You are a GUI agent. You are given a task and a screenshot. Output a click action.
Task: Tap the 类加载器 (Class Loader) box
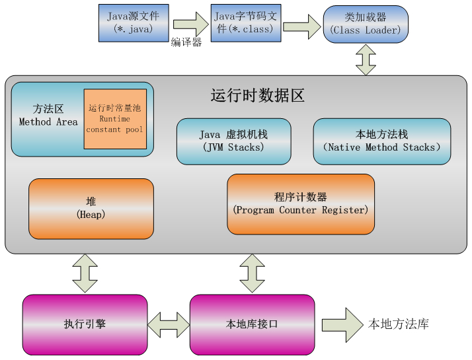tap(366, 24)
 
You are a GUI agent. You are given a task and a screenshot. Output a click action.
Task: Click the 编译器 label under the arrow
tap(186, 42)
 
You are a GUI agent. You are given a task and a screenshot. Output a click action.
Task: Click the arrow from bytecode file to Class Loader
tap(301, 26)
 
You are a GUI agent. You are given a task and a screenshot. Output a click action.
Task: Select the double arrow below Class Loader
tap(366, 59)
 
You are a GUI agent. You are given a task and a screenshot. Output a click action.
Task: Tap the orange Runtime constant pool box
tap(115, 119)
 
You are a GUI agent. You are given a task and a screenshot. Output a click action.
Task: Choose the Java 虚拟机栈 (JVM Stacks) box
tap(233, 141)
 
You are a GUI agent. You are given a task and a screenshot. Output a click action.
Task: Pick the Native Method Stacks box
tap(381, 141)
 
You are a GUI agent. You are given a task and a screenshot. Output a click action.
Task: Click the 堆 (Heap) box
tap(91, 208)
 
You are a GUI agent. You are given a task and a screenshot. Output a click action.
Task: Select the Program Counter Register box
tap(300, 203)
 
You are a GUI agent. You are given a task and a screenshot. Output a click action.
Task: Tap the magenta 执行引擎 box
tap(85, 324)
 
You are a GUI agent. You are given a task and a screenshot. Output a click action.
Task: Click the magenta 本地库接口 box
tap(251, 324)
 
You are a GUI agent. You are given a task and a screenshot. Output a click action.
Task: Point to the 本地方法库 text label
tap(399, 324)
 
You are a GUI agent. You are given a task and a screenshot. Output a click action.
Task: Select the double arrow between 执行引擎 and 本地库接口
tap(169, 325)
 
